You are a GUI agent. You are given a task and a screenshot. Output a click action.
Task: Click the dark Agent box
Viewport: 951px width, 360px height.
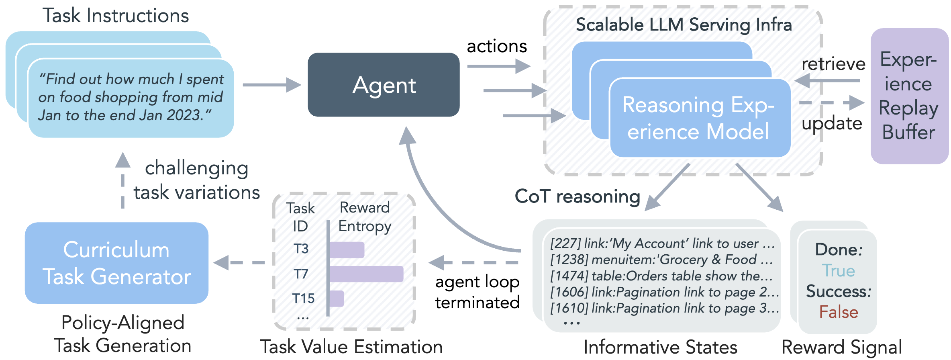point(384,85)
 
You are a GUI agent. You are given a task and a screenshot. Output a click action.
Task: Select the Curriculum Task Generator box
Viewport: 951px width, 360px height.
point(116,263)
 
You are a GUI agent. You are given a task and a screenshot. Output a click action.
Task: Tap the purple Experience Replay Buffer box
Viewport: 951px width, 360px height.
point(909,96)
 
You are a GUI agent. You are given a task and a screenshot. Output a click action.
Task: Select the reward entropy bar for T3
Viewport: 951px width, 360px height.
point(347,250)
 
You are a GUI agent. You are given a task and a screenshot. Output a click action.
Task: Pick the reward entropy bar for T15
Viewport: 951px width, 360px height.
point(337,299)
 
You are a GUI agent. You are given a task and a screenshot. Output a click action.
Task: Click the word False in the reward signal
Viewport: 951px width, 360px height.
point(839,312)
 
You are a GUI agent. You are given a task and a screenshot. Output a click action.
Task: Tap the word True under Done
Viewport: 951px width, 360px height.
point(838,271)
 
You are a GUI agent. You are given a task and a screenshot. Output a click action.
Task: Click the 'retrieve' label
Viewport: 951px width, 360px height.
point(833,64)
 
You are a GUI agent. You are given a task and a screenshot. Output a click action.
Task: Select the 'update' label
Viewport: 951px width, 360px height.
point(832,123)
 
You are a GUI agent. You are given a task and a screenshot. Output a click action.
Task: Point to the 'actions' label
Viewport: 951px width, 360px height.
point(497,46)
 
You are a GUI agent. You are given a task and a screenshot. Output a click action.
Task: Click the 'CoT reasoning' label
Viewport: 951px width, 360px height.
point(578,196)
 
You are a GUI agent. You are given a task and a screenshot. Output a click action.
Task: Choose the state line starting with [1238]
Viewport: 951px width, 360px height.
point(661,260)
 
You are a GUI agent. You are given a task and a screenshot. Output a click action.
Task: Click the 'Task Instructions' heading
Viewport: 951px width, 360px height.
point(116,16)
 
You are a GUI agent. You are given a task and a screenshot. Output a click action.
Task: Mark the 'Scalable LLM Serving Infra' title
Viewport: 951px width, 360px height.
point(684,25)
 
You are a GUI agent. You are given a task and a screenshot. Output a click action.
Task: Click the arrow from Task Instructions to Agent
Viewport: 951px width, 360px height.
point(271,85)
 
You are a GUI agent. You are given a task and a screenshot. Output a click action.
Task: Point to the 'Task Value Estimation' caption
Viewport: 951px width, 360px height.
point(351,347)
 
